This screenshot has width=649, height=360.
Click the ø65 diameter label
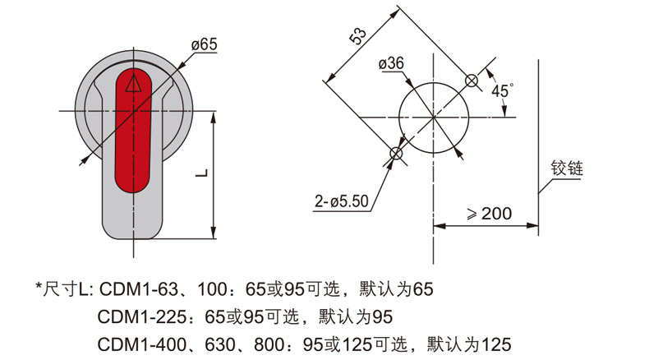coord(204,44)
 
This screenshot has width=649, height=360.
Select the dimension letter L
coord(202,173)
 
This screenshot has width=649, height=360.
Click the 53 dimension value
coord(358,35)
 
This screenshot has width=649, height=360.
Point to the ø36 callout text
coord(391,63)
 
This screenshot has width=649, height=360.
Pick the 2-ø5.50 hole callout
coord(342,201)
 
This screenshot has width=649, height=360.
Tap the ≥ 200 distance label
coord(490,214)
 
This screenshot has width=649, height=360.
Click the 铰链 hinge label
coord(567,168)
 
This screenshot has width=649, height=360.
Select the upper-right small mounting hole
coord(472,81)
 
